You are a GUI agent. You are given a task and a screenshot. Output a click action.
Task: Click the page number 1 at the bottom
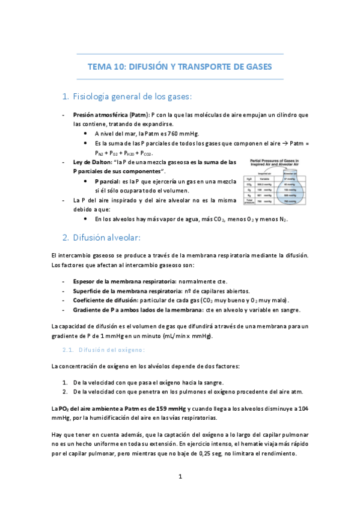point(180,477)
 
